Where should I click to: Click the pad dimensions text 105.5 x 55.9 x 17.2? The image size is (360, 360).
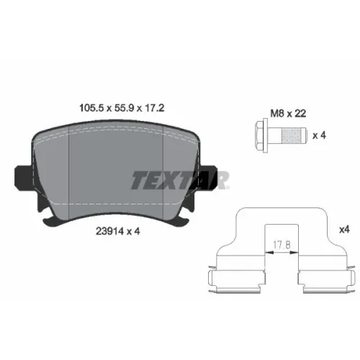point(122,108)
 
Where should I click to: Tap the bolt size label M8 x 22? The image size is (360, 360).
point(288,113)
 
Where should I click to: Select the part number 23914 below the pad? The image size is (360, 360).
point(110,231)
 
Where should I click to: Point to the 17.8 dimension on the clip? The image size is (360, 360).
point(282,245)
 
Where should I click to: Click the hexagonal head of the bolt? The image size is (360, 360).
point(259,135)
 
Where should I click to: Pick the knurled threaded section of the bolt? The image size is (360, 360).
point(292,135)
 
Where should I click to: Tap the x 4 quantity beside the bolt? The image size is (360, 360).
point(319,135)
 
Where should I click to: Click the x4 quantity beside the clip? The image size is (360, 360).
point(344,230)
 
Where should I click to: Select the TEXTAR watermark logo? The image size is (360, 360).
point(180,180)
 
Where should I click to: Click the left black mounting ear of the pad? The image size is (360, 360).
point(23,178)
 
